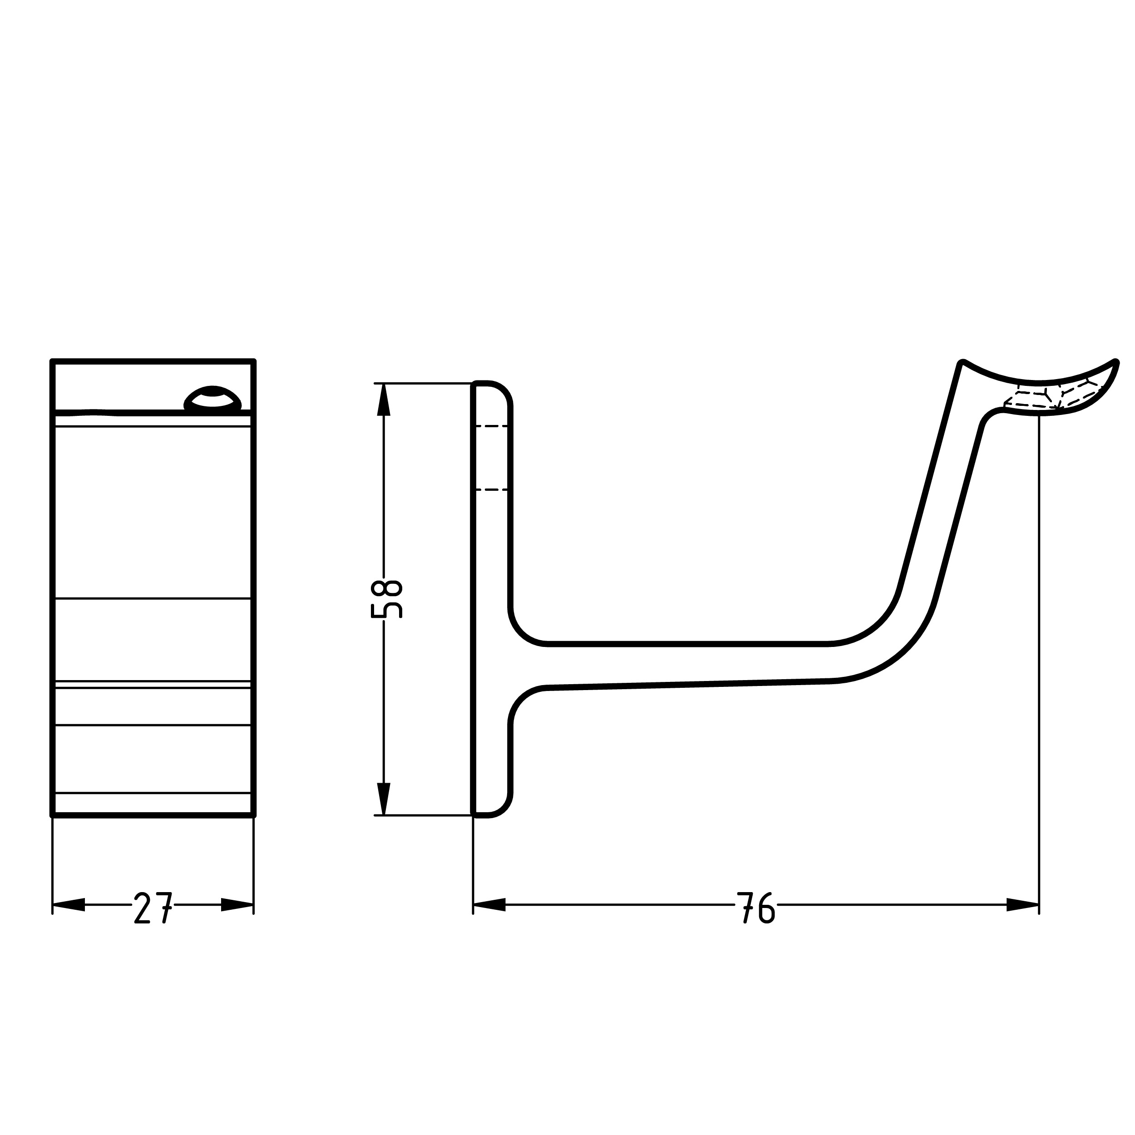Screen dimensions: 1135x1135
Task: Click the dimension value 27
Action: pyautogui.click(x=153, y=908)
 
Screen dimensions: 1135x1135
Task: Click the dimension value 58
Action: pyautogui.click(x=386, y=599)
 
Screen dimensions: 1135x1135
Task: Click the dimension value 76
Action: pyautogui.click(x=756, y=908)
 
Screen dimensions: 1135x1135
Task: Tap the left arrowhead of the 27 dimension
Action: pyautogui.click(x=69, y=905)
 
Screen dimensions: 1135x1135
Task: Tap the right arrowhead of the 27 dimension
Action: pyautogui.click(x=237, y=905)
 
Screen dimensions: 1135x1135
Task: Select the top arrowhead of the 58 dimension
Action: pyautogui.click(x=384, y=400)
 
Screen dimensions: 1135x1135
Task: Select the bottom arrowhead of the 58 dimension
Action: pyautogui.click(x=384, y=799)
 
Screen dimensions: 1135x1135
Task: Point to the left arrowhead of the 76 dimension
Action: pyautogui.click(x=489, y=905)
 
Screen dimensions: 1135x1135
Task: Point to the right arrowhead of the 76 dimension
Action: pyautogui.click(x=1023, y=905)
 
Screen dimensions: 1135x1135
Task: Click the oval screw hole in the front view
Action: pyautogui.click(x=212, y=398)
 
